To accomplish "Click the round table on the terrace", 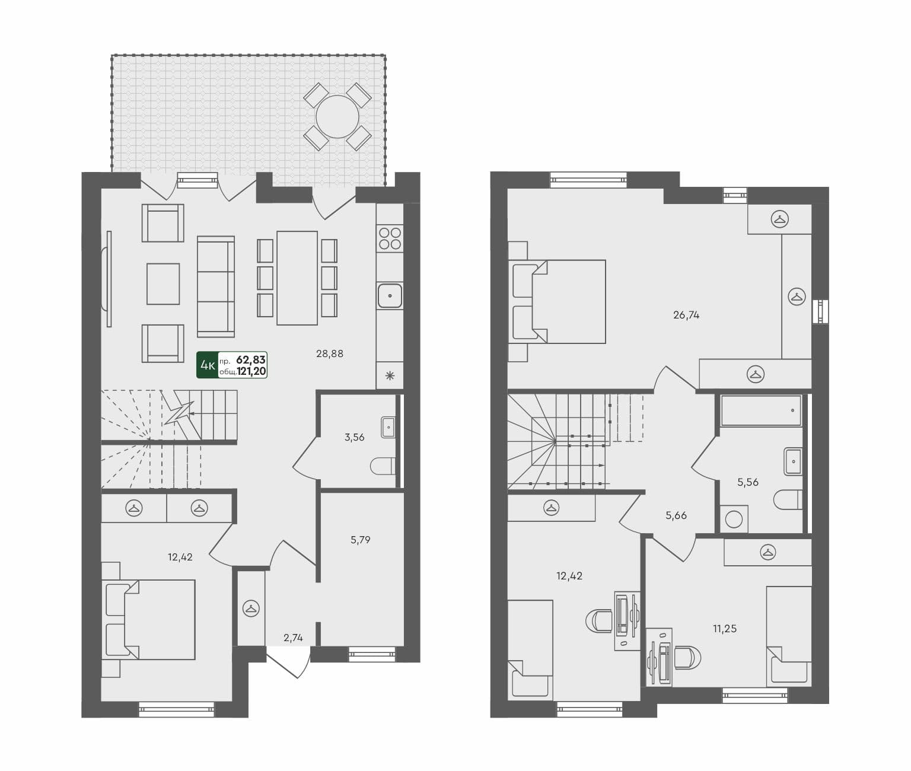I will click(337, 117).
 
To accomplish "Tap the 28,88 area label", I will click(329, 354).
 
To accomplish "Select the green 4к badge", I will click(207, 365).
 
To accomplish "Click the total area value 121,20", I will click(251, 372).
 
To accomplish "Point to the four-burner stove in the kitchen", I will click(390, 238).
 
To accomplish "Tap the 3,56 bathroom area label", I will click(354, 438).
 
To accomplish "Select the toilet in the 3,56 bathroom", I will click(383, 466).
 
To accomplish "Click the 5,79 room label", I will click(360, 540).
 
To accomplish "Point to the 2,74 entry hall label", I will click(293, 638).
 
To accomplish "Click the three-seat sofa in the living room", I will click(216, 286).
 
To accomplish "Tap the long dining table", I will click(297, 278).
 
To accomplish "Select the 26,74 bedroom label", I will click(686, 316).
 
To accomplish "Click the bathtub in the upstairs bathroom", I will click(760, 410).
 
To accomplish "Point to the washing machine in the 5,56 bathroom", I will click(734, 520).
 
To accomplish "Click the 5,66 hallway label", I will click(676, 516).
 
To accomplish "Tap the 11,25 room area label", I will click(725, 629).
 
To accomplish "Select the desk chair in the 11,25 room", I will click(687, 657).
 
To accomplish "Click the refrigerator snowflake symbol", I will click(390, 375).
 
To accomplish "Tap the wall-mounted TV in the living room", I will click(108, 278).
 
